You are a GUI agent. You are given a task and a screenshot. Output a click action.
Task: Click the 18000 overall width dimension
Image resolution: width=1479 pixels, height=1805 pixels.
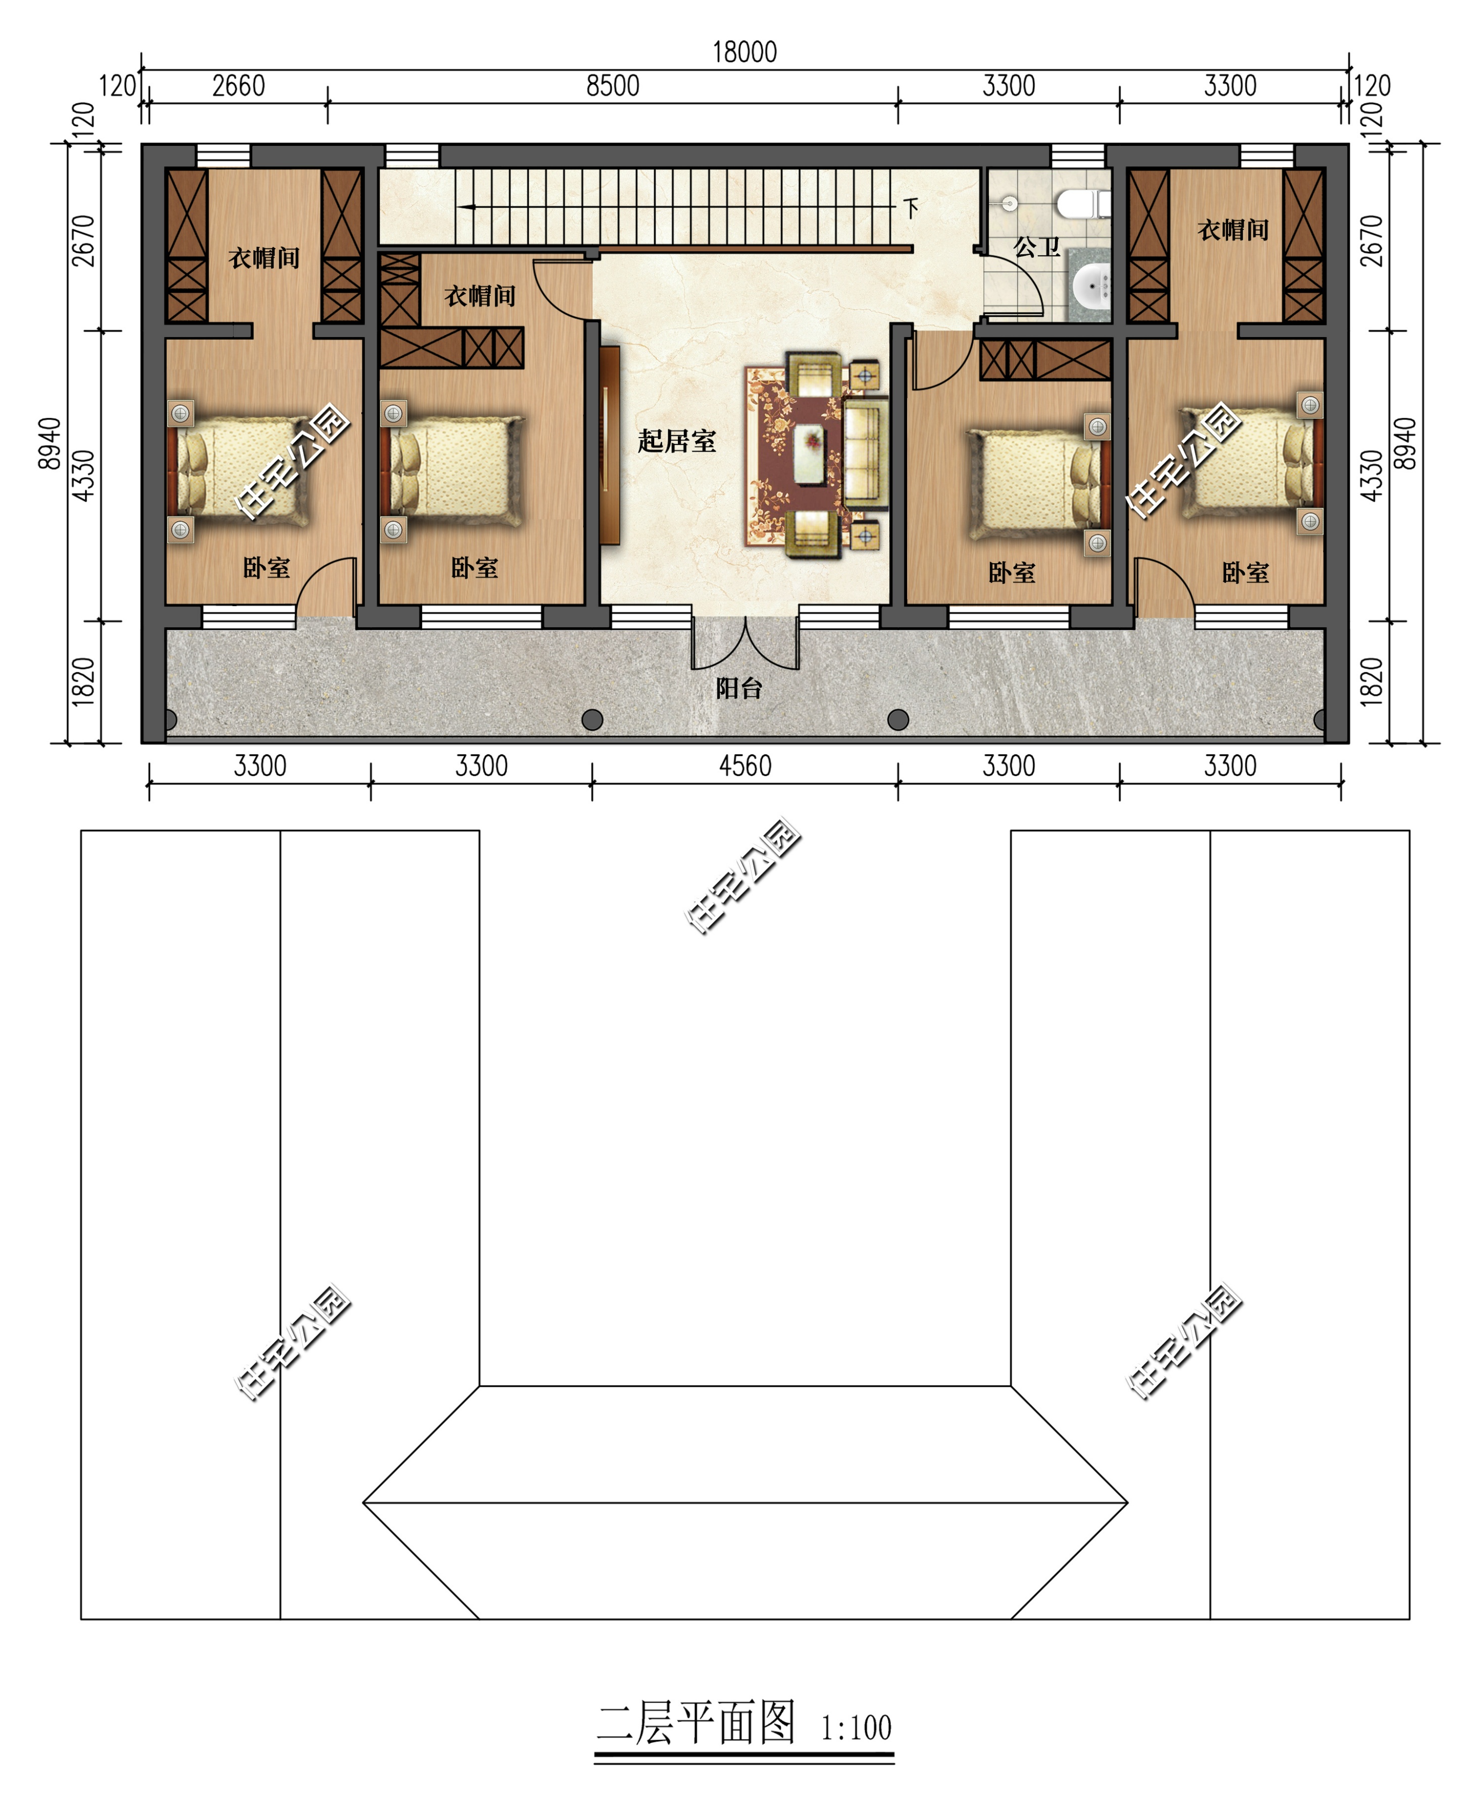[745, 53]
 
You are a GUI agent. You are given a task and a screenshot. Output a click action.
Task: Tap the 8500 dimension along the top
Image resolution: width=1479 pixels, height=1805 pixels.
[613, 86]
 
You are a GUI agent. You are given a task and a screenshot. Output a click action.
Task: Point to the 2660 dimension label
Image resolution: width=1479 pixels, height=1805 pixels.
[239, 86]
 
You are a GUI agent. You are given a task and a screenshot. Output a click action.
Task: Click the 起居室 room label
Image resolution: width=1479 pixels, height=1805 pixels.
[677, 441]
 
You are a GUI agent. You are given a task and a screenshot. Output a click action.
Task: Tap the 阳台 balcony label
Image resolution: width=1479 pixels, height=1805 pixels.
[738, 688]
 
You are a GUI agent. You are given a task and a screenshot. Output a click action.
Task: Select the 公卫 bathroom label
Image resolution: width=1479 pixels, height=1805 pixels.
[1037, 247]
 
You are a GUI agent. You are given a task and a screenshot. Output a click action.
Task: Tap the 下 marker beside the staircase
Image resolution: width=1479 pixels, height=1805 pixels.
[912, 208]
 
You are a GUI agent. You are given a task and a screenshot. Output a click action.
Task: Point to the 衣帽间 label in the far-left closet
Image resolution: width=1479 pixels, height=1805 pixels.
[264, 258]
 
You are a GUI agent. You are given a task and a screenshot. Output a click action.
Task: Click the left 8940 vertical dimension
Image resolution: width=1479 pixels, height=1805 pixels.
[49, 443]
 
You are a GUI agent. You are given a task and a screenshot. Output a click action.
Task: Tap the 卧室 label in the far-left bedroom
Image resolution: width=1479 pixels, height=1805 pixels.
[267, 568]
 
